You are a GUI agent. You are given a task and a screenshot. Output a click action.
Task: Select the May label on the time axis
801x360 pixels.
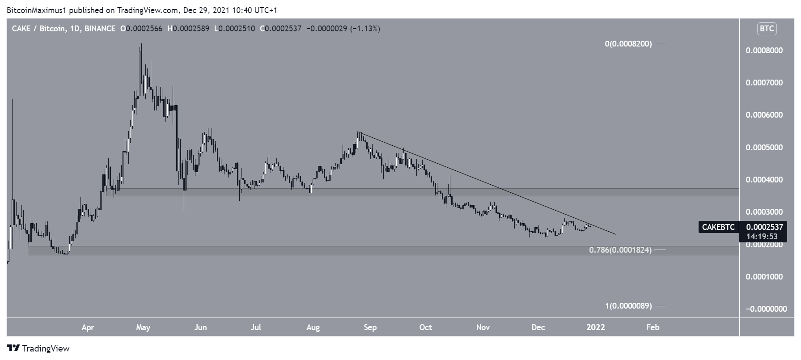(x=143, y=327)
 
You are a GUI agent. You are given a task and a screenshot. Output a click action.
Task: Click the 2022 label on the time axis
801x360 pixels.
(x=596, y=327)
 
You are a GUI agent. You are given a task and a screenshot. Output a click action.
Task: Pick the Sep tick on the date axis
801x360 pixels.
(x=370, y=327)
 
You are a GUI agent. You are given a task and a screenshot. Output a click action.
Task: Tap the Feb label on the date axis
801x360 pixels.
(x=653, y=327)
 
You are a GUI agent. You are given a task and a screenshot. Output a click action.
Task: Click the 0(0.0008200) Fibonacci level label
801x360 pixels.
(x=628, y=44)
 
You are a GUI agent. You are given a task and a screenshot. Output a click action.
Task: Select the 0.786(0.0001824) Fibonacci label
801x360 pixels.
(x=620, y=250)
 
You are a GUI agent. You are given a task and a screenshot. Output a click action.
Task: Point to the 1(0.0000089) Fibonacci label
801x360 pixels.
(x=628, y=306)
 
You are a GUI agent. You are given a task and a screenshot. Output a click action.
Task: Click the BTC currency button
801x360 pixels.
(x=767, y=29)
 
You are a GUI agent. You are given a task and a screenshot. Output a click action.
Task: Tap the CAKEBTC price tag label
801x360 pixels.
(x=718, y=227)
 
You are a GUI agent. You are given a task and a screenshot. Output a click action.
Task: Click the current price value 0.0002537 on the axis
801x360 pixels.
(x=764, y=227)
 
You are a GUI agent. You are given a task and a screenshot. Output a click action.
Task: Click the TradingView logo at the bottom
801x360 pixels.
(x=38, y=348)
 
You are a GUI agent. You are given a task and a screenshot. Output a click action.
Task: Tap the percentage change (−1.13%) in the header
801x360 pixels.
(x=365, y=29)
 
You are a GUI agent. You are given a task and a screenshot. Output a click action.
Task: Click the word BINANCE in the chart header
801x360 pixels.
(x=100, y=29)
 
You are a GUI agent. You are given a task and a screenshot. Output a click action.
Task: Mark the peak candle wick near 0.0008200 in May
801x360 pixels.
(x=141, y=45)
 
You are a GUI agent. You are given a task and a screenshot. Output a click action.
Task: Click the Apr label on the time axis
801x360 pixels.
(x=88, y=327)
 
